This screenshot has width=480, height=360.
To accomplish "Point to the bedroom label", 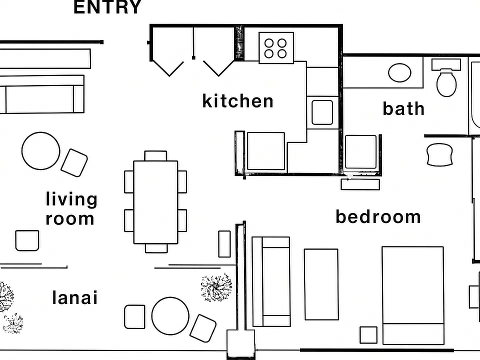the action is click(378, 216).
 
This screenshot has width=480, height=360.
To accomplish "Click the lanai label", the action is click(75, 297).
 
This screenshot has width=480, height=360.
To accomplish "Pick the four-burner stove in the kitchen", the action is click(276, 48).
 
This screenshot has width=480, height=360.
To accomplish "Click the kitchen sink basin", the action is click(322, 112).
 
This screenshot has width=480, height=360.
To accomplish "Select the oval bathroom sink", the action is click(399, 72).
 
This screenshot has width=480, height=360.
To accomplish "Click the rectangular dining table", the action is click(155, 202).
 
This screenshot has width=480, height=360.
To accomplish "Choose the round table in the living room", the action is click(40, 150).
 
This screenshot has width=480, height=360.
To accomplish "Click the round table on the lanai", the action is click(170, 316).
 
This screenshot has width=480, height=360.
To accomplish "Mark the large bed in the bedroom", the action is click(413, 295).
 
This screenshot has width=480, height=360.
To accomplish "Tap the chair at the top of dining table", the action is click(155, 156).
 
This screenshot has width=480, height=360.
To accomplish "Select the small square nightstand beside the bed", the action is click(368, 335).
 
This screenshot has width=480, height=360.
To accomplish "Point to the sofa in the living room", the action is click(42, 94).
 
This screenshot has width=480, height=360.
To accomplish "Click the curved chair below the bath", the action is click(439, 154).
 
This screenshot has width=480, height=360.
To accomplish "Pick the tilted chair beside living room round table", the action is click(74, 163).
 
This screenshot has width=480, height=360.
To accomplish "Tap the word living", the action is click(71, 199).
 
